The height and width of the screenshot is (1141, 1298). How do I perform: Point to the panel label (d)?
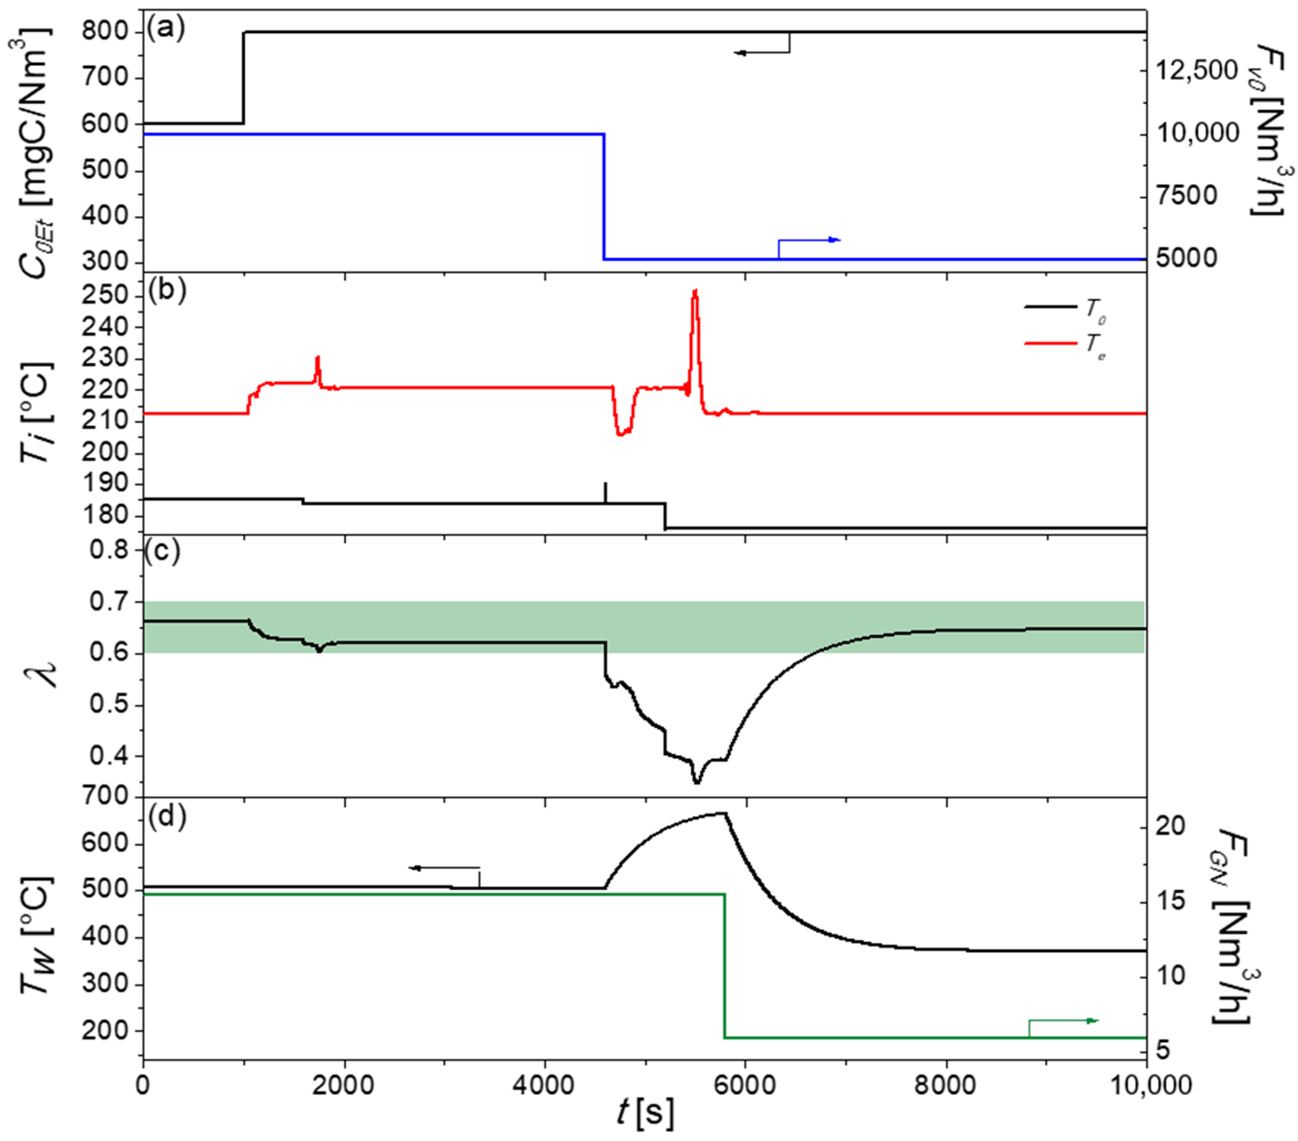pos(166,817)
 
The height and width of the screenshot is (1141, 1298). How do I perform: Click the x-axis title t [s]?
pos(645,1114)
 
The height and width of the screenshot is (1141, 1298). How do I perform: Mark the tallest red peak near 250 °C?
pos(695,291)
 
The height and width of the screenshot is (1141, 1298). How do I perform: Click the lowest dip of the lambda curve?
pos(697,782)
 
